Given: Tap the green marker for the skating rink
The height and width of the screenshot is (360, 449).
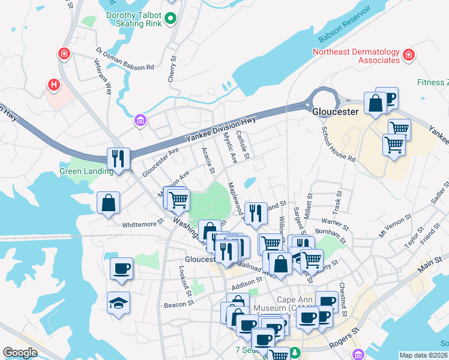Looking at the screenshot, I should (x=170, y=19).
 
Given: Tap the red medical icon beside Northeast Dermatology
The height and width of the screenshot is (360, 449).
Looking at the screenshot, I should (x=409, y=56).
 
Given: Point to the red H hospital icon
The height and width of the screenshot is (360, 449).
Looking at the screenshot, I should (x=54, y=85).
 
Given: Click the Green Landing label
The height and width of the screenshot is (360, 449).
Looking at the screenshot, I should (x=86, y=172).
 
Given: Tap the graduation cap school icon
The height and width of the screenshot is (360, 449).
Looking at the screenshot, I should (x=118, y=303).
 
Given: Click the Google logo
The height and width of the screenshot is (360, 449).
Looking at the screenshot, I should (x=20, y=352).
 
